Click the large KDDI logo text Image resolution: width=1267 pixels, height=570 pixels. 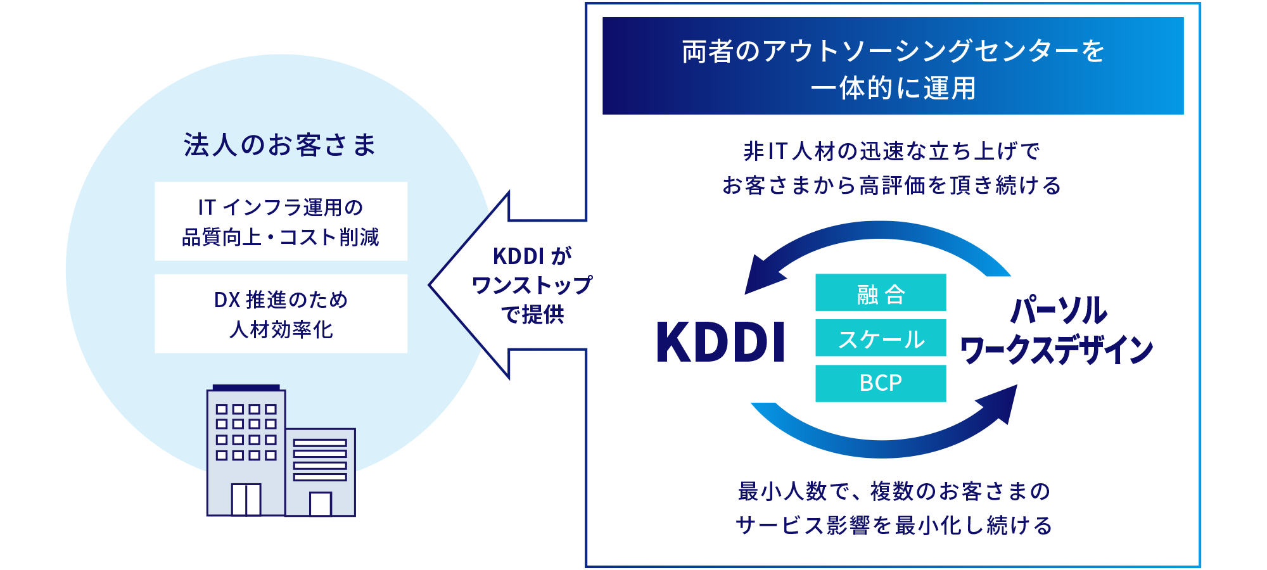(721, 343)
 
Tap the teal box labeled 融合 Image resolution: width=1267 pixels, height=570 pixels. (881, 293)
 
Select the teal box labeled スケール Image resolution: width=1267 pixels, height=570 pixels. (881, 338)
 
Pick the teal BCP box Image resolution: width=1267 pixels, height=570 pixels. (881, 383)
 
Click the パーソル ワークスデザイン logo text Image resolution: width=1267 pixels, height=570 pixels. (1057, 331)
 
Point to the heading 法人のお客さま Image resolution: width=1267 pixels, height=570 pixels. (280, 145)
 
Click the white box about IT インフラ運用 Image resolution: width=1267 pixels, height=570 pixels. (281, 222)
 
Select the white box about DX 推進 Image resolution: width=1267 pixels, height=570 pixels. (281, 314)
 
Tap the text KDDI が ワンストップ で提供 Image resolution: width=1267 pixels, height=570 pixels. (532, 285)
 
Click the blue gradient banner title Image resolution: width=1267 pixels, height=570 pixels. (893, 66)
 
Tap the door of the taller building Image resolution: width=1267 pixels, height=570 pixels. (246, 500)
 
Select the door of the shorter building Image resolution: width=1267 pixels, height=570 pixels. (321, 504)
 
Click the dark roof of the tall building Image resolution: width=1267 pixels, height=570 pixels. (246, 388)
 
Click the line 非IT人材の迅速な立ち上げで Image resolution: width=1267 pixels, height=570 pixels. (892, 151)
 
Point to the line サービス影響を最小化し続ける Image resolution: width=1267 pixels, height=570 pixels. (894, 525)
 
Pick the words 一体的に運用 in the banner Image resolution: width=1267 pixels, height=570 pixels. (893, 88)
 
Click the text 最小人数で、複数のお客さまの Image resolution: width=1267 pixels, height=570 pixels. (894, 491)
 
